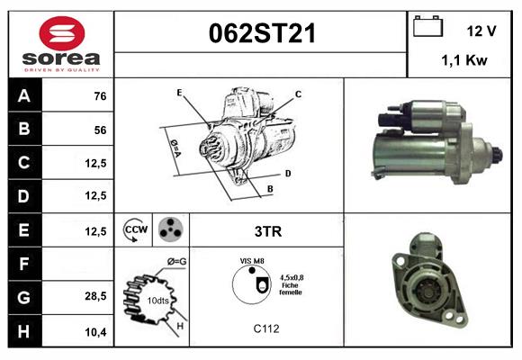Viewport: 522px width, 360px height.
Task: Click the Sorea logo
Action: (59, 44)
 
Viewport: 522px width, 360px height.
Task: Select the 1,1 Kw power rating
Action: (464, 61)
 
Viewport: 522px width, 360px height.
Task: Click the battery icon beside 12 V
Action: (426, 28)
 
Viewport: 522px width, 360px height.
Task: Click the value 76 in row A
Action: (99, 96)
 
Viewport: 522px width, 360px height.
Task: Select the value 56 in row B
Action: (99, 130)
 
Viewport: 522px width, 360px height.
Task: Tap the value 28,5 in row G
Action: (96, 296)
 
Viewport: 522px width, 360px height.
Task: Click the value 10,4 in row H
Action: (96, 330)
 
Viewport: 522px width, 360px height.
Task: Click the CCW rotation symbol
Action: (135, 230)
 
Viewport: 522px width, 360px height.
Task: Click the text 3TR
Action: (267, 231)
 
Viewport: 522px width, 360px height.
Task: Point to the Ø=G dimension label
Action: (176, 262)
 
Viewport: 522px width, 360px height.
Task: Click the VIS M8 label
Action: (252, 260)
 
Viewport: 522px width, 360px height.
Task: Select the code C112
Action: (265, 329)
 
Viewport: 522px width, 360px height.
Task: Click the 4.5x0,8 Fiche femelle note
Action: (290, 284)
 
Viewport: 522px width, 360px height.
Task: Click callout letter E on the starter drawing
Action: (179, 93)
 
